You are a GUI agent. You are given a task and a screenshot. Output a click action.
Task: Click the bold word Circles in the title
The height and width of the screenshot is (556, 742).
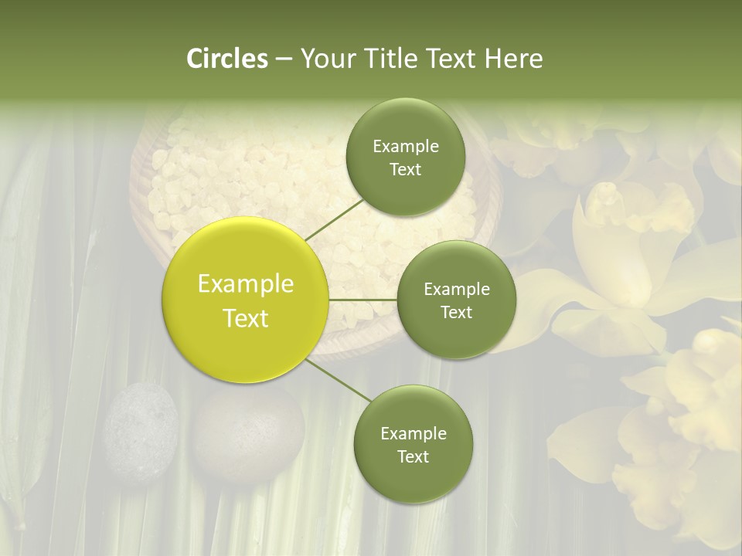(227, 59)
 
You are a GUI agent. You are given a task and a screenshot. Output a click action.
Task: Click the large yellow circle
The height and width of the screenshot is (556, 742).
(246, 300)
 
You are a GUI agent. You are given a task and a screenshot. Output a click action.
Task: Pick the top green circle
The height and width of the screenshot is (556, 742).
(405, 157)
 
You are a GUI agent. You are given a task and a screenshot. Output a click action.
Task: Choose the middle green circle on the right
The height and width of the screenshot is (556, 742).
(456, 300)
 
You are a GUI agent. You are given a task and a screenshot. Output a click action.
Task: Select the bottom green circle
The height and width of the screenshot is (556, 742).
(413, 444)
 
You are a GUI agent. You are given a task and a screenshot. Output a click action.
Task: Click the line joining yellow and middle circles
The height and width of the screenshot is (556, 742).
(363, 299)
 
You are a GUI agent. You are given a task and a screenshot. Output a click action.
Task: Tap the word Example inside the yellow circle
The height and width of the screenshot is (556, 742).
(246, 284)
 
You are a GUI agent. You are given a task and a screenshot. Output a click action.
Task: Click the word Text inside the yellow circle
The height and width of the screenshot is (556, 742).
(246, 318)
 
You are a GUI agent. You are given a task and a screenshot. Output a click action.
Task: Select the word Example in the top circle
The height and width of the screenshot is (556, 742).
(405, 146)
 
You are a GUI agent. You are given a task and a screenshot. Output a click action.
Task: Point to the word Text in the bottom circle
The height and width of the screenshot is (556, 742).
(413, 456)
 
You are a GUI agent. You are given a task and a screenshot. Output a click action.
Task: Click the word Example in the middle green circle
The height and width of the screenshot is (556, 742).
(456, 289)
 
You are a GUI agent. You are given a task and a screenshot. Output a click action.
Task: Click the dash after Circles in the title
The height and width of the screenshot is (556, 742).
(283, 59)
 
